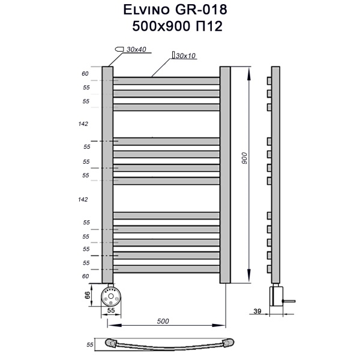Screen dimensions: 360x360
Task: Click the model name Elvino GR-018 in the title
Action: point(180,10)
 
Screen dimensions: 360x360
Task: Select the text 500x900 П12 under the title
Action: point(180,26)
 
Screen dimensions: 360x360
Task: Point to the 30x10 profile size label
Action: point(187,55)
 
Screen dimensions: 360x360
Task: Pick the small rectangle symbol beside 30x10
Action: point(173,55)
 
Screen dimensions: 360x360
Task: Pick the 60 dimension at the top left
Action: point(85,74)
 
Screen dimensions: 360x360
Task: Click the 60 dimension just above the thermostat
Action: point(85,276)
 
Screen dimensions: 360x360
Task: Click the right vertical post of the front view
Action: point(225,174)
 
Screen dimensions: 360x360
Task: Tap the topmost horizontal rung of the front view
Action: point(167,80)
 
